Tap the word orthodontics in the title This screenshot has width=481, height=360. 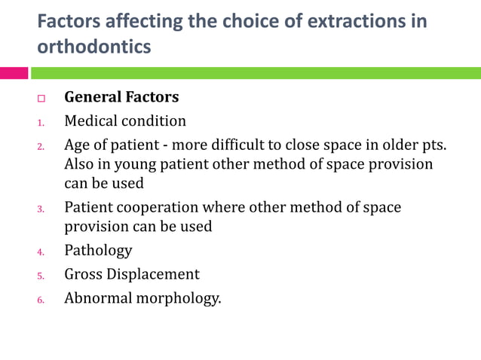pos(93,47)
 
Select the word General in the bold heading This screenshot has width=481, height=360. pos(93,97)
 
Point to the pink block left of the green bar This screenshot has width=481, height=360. pos(14,73)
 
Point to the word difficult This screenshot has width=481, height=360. pos(241,145)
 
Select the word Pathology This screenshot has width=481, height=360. pos(98,251)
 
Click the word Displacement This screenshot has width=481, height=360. pos(155,274)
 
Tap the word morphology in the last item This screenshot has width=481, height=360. pos(179,298)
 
